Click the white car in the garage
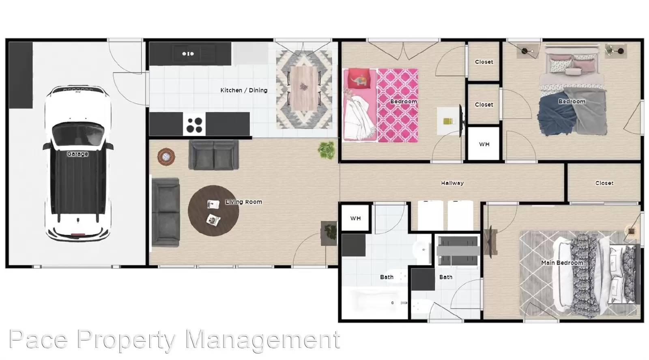click(77, 162)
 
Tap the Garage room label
click(77, 154)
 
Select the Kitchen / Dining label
click(244, 90)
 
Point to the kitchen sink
click(188, 54)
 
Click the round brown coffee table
click(213, 211)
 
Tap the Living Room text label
click(243, 202)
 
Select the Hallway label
click(452, 183)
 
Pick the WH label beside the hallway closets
click(484, 144)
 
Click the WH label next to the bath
click(355, 218)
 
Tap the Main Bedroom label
click(562, 263)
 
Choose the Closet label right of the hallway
click(604, 183)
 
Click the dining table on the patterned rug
click(303, 90)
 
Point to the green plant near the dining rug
click(327, 150)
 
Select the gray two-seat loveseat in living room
click(213, 155)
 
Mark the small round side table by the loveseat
click(166, 157)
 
